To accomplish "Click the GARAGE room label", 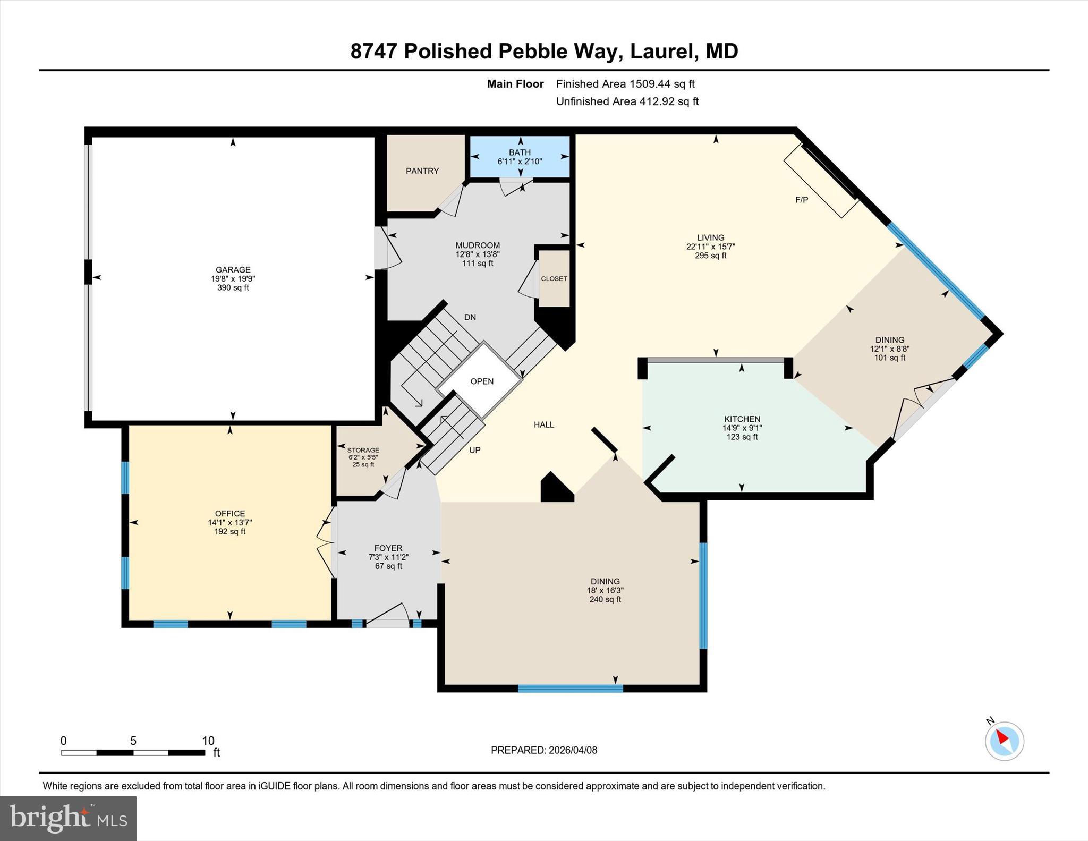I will coord(233,270).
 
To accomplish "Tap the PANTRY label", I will coord(422,171).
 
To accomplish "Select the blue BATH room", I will coord(520,157).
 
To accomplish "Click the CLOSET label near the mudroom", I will coord(554,279).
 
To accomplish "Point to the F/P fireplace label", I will coord(802,200).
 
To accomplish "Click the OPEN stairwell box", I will coord(482,381).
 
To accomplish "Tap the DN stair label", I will coord(470,317).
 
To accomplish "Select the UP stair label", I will coord(474,450).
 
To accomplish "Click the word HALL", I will coord(544,424).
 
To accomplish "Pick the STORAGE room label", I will coord(363,450).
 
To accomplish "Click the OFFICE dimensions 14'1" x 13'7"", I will coord(229,523).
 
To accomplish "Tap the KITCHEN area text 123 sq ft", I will coord(742,437).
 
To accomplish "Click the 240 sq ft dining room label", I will coord(605,599).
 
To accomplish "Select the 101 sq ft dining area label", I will coord(890,358).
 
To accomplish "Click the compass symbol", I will coord(1004,741).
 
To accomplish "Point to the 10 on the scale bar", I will coord(208,741).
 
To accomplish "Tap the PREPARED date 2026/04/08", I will coord(573,750).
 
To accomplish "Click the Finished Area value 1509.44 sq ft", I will coord(662,84).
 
